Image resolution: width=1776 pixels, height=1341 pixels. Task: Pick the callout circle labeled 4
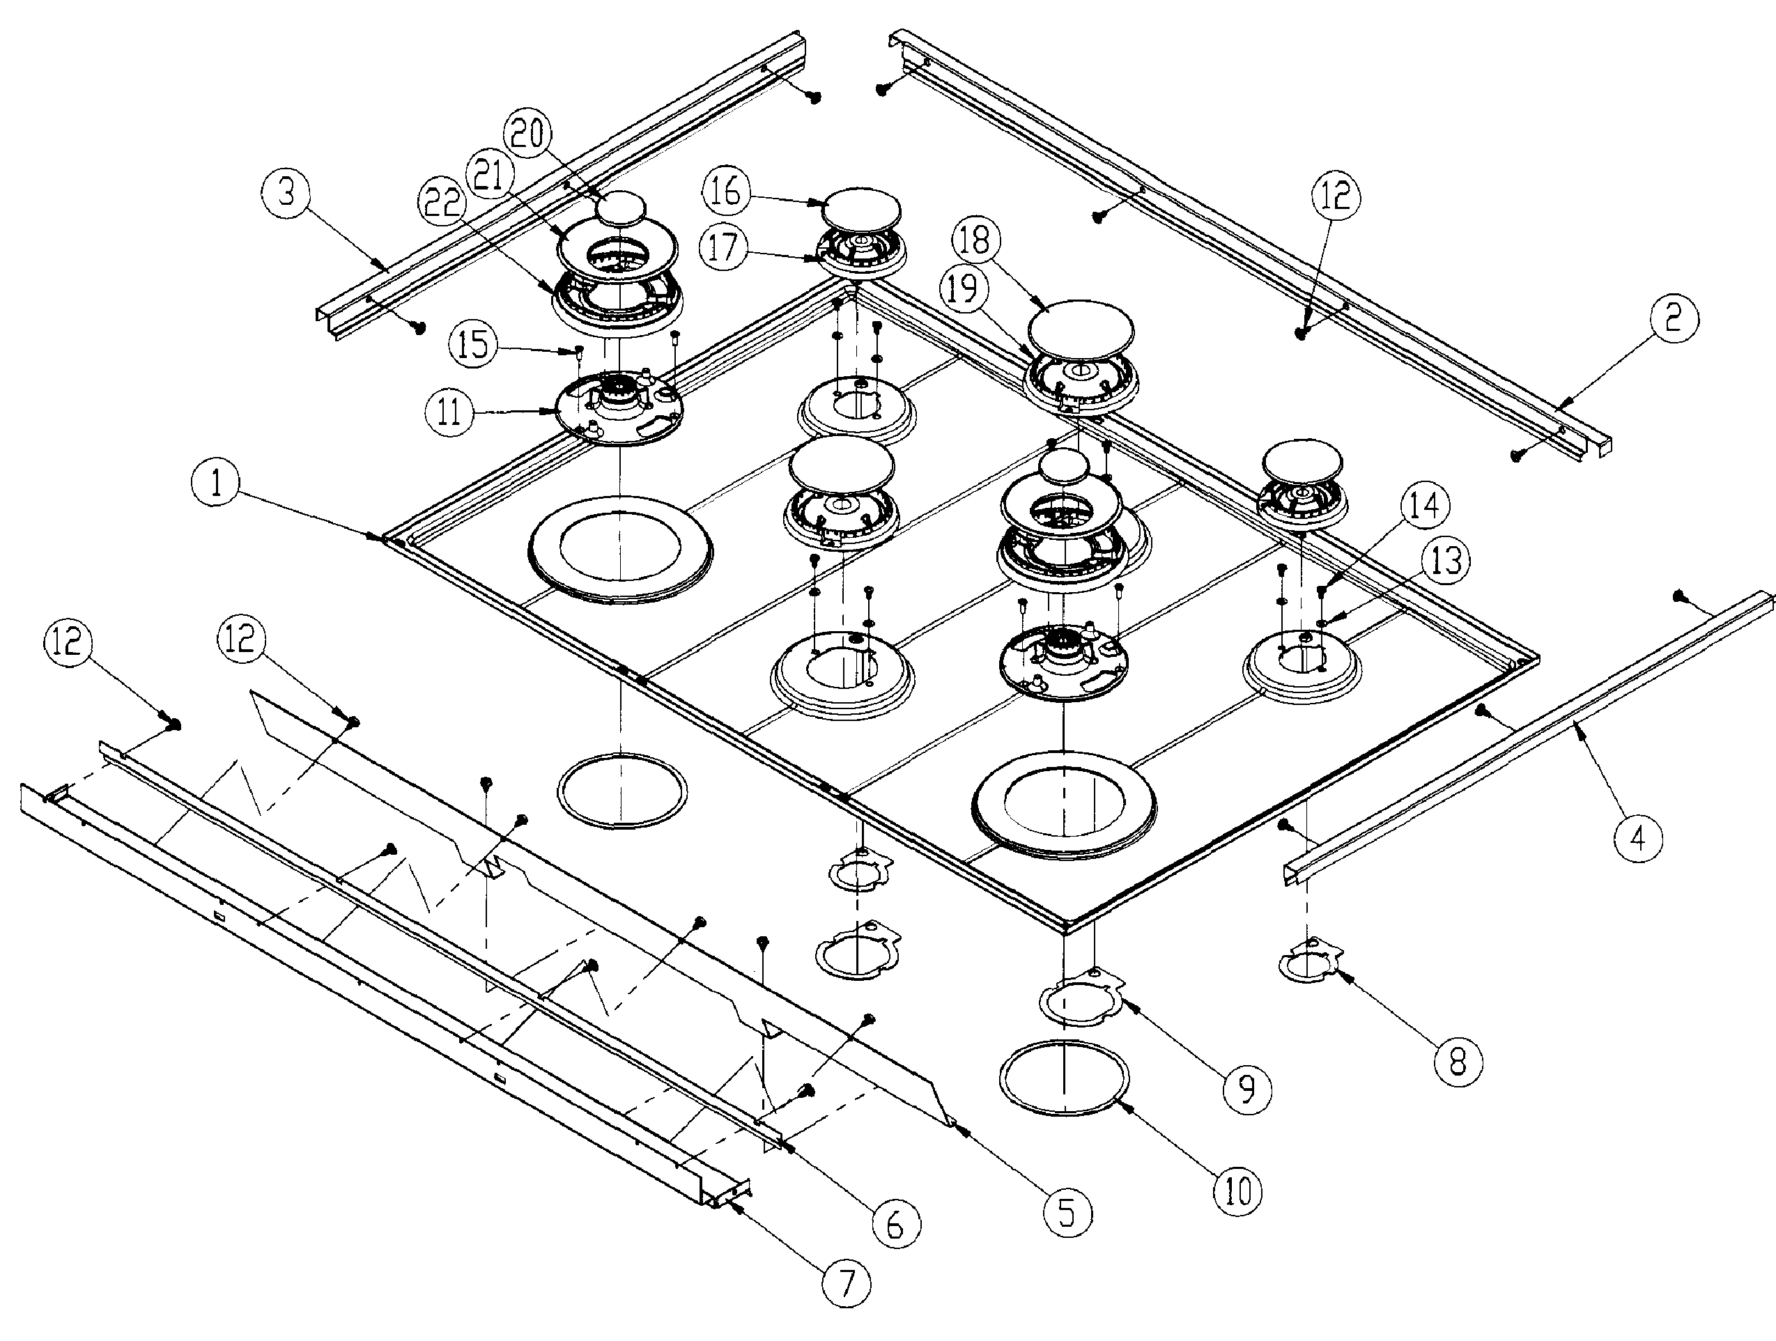(1638, 838)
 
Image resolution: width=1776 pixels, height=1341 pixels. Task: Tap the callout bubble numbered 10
(1237, 1190)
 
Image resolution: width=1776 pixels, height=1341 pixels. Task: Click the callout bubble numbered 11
(449, 412)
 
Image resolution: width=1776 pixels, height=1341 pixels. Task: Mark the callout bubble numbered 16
(726, 193)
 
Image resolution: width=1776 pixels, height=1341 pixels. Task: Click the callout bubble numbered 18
(975, 240)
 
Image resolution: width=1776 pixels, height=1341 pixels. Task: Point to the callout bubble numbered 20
(527, 134)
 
